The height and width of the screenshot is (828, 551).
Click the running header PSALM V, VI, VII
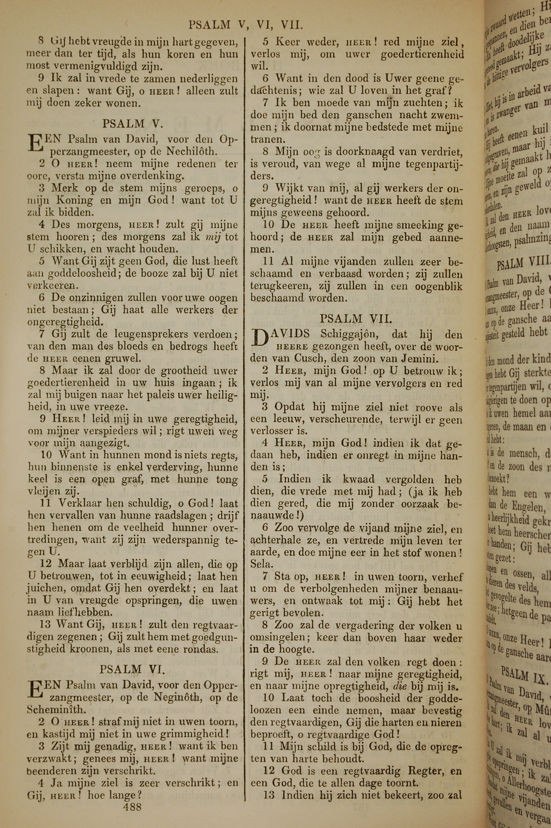pos(246,25)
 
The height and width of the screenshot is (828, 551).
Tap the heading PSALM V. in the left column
pos(128,124)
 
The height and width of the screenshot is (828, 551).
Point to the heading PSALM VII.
pos(356,319)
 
